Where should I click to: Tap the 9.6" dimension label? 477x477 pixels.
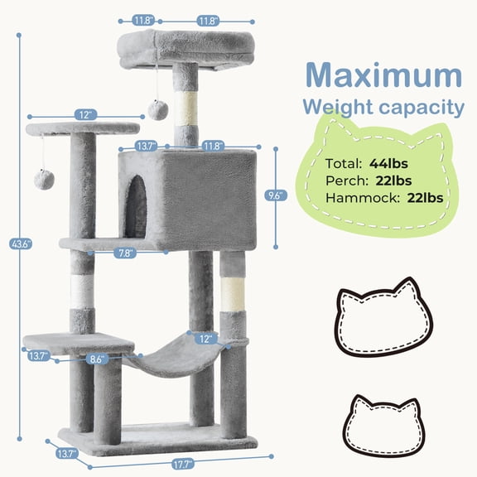coord(277,195)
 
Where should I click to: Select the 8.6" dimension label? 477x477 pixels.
coord(97,359)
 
